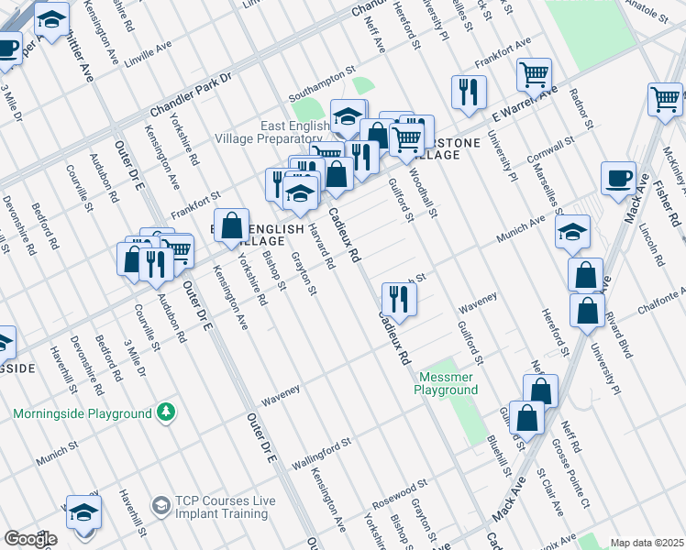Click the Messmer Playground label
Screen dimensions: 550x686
coord(448,383)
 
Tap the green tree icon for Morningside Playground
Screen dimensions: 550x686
coord(165,412)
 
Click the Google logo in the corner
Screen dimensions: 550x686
coord(29,539)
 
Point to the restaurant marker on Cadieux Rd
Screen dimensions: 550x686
coord(399,298)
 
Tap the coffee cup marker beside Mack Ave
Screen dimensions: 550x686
coord(618,178)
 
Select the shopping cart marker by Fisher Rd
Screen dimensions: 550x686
coord(665,98)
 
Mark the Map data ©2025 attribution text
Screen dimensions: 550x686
coord(646,543)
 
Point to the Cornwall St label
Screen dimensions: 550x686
coord(550,150)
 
